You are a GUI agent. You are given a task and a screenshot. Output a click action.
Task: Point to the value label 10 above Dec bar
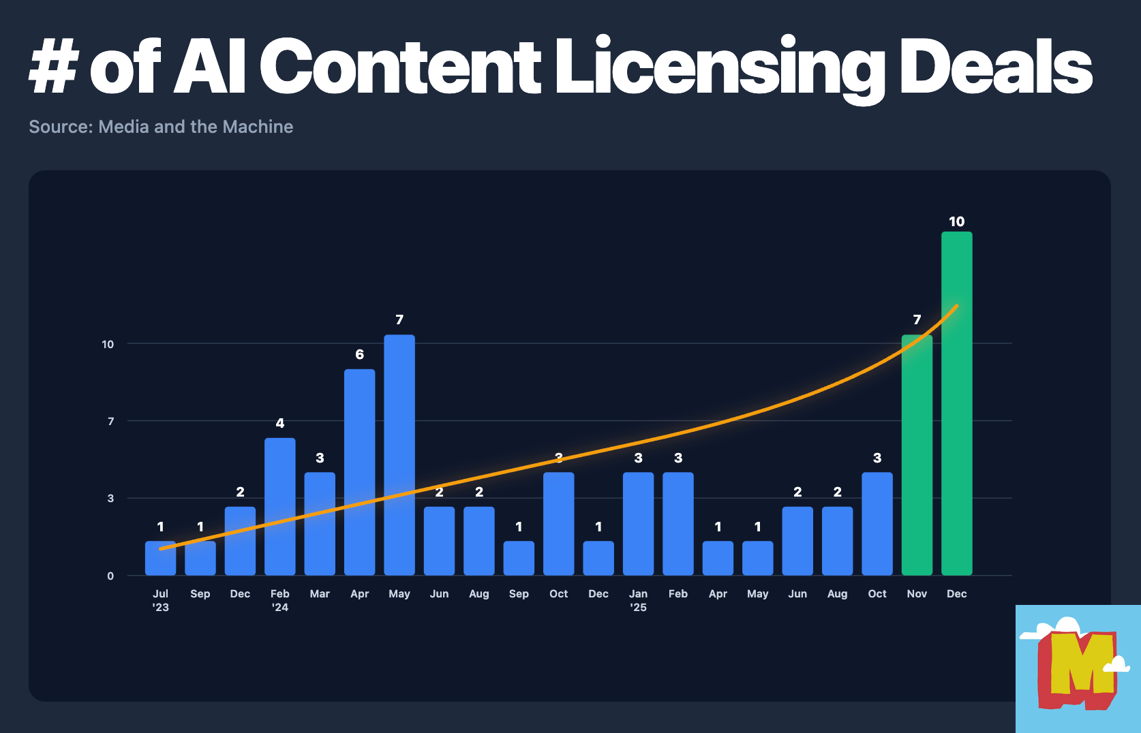coord(956,221)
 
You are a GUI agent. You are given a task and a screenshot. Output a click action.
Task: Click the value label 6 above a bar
coord(359,354)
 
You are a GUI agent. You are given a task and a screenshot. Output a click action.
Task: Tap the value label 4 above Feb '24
coord(279,423)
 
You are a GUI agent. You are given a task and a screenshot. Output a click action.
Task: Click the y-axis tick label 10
coord(108,344)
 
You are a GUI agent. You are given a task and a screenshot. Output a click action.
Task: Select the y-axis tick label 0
coord(110,576)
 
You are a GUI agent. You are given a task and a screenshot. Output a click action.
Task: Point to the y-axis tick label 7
coord(110,421)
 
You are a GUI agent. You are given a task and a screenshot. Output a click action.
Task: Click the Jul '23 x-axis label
coord(160,600)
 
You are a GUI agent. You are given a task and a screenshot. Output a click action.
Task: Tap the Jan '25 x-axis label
coord(638,600)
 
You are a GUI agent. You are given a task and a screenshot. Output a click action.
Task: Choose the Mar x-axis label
coord(320,594)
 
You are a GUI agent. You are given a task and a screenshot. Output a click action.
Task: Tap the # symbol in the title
coord(53,67)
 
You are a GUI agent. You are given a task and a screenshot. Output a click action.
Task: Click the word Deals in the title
coord(995,67)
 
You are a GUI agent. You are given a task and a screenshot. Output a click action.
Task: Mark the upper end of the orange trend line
coord(957,306)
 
